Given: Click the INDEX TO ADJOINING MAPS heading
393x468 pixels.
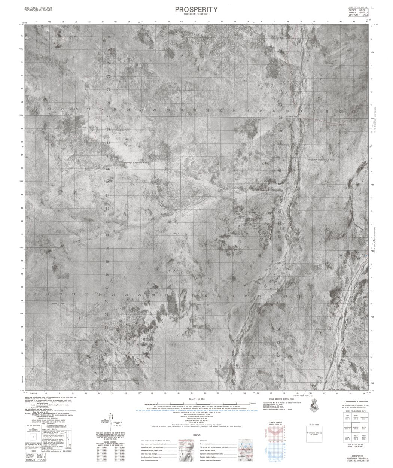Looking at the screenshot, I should (x=356, y=411).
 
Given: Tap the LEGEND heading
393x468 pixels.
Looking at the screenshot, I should (x=196, y=436).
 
